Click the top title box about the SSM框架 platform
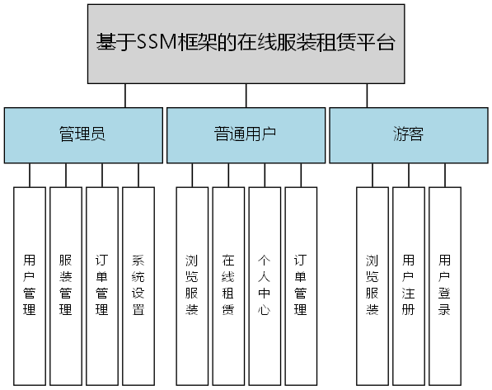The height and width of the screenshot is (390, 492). (246, 44)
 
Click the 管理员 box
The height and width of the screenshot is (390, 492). (82, 134)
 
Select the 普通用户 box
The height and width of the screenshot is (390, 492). (246, 134)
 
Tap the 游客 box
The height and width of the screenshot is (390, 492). (408, 134)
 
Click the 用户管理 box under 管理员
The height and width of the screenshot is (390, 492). (30, 286)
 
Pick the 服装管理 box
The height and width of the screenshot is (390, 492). (66, 286)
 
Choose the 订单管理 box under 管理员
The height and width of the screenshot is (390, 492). (102, 286)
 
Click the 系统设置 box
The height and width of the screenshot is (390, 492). (138, 286)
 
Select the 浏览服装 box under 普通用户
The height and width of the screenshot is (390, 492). (192, 286)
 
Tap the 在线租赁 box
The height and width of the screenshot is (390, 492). (228, 286)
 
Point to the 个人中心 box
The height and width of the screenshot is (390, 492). (265, 286)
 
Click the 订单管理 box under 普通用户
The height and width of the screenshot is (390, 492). (301, 286)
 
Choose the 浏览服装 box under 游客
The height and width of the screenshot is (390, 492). (373, 286)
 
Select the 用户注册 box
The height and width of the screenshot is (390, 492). (409, 286)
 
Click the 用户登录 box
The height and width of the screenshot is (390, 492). (445, 286)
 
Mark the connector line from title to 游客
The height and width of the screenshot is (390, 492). (368, 95)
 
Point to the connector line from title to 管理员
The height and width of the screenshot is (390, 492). (124, 95)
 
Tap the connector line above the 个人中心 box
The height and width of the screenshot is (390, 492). (265, 175)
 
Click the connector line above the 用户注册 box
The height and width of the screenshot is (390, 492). (409, 175)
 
